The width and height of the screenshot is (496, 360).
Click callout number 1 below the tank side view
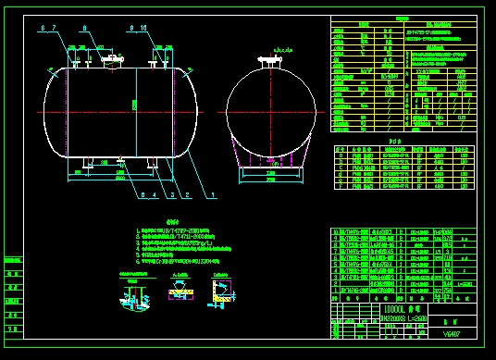pos(215,195)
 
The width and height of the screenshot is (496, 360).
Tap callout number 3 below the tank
pos(171,195)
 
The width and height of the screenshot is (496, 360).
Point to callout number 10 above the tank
pos(143,29)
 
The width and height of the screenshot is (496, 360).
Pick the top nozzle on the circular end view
pos(273,62)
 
